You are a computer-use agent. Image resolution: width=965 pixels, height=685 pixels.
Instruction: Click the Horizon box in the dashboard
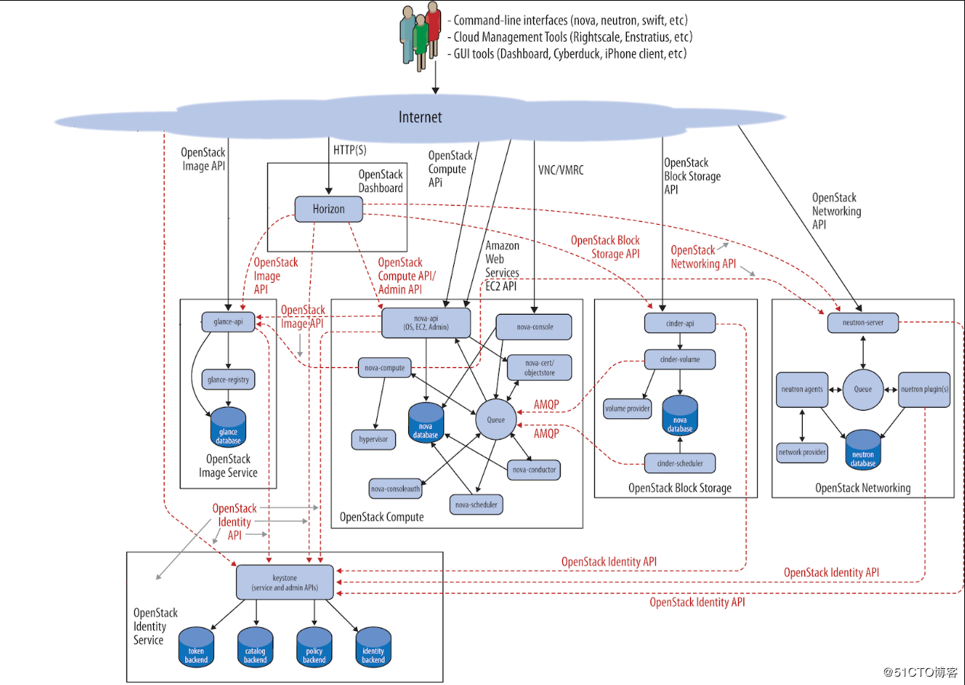click(x=328, y=209)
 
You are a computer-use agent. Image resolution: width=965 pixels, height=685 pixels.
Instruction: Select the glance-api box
click(x=227, y=322)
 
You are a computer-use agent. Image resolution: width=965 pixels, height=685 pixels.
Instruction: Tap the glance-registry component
click(x=228, y=379)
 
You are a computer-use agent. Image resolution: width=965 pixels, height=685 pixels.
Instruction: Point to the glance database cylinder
click(x=228, y=427)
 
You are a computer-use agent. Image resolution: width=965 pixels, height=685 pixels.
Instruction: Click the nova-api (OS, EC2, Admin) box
click(x=426, y=322)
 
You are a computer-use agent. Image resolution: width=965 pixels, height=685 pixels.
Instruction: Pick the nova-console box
click(x=534, y=327)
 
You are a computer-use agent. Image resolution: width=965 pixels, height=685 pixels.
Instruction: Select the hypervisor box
click(x=374, y=439)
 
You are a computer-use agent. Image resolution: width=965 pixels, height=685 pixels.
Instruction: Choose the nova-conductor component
click(x=534, y=469)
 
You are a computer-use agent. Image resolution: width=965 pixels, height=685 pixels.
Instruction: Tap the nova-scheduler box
click(x=476, y=504)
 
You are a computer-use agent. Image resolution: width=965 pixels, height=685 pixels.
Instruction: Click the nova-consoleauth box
click(x=395, y=488)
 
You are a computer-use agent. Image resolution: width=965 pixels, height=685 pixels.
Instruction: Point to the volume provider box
click(x=628, y=408)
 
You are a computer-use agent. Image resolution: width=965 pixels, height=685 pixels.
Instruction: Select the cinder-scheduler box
click(x=679, y=463)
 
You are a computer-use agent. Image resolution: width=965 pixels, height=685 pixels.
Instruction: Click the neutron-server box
click(x=862, y=323)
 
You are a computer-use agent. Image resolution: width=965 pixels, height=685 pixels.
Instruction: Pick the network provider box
click(x=802, y=452)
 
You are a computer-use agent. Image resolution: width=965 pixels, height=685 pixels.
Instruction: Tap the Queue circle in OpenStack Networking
click(x=862, y=389)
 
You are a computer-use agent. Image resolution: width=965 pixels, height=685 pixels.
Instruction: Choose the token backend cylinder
click(x=196, y=647)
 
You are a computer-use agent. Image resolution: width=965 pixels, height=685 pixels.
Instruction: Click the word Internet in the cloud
click(x=420, y=117)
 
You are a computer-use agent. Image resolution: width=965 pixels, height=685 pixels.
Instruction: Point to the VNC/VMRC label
click(x=560, y=170)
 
